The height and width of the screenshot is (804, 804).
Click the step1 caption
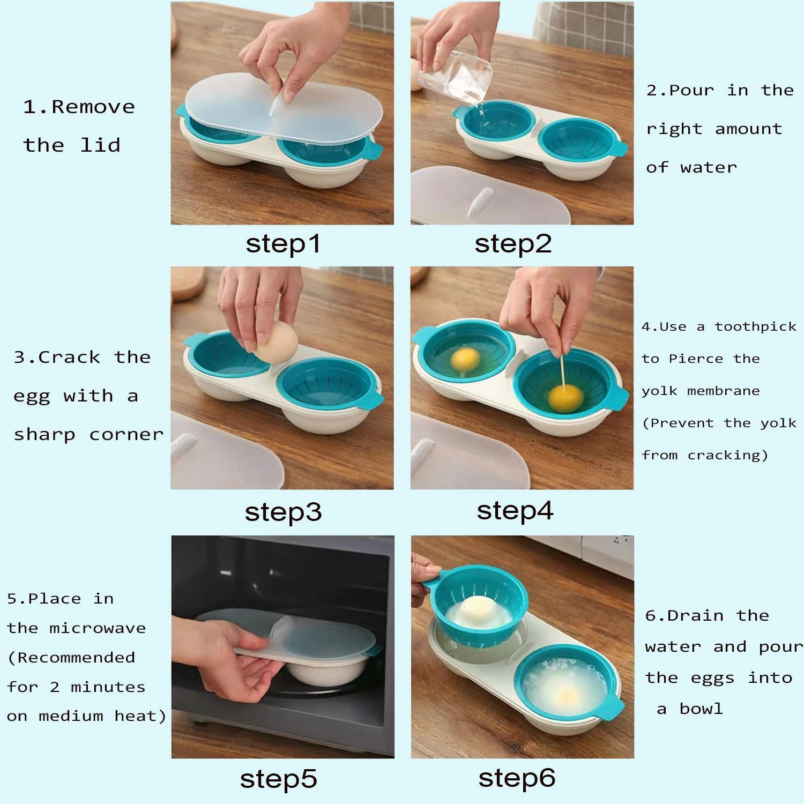click(283, 244)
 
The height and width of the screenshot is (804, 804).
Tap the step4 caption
click(515, 510)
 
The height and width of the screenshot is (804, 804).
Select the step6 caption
click(517, 778)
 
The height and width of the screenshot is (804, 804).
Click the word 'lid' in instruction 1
click(100, 145)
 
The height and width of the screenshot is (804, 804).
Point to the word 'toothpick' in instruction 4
click(755, 326)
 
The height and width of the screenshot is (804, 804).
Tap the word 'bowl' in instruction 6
click(701, 709)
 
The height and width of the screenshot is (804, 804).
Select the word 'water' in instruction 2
click(709, 168)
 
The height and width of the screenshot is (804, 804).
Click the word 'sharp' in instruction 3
click(44, 435)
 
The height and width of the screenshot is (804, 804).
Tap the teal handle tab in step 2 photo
click(620, 148)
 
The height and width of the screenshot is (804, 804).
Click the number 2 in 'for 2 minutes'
click(55, 687)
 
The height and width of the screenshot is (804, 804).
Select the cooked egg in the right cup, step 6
click(565, 689)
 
